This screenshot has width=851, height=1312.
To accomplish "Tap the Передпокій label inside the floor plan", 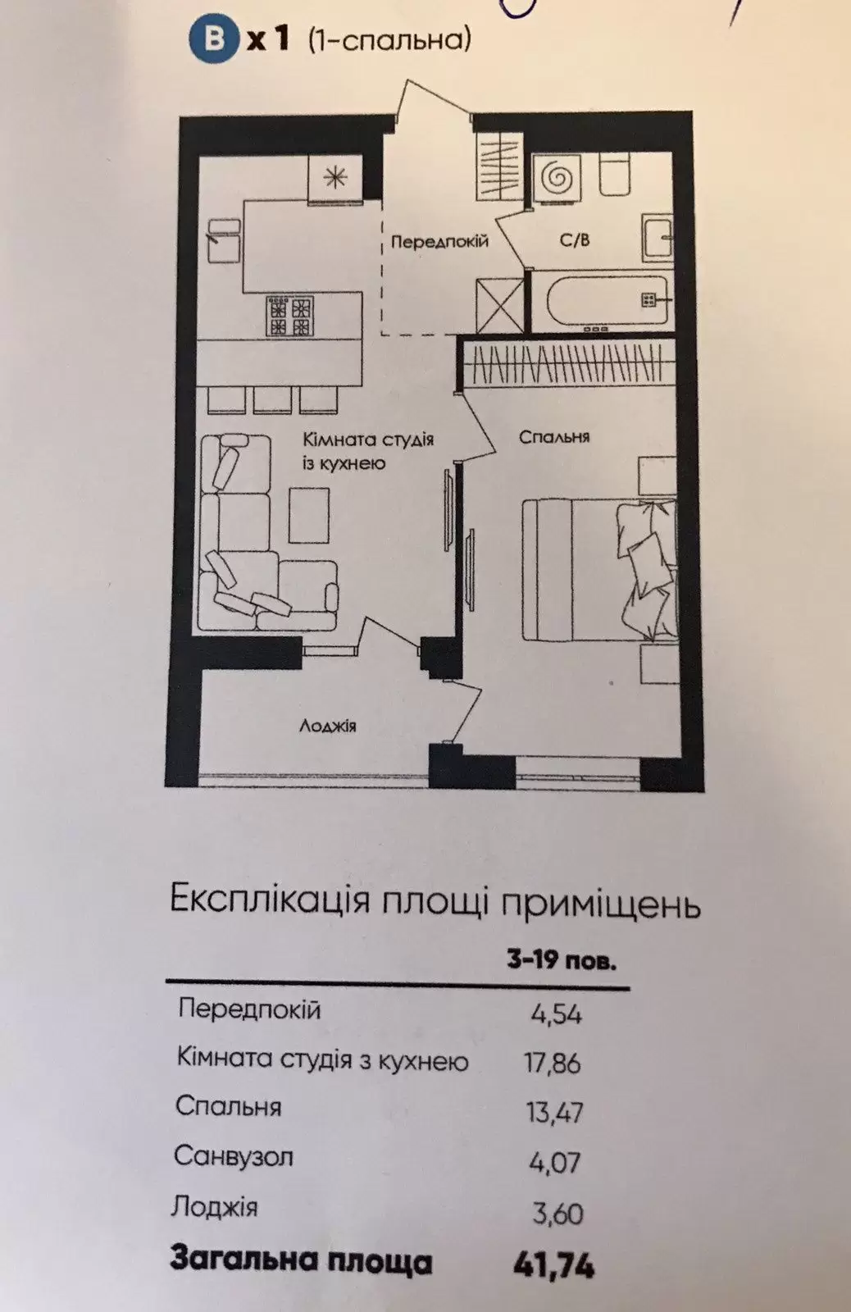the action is [439, 241].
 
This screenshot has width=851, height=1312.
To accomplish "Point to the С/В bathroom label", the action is [575, 239].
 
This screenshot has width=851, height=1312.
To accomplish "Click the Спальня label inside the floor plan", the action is [554, 437].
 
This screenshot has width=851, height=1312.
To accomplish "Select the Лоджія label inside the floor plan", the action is [328, 726].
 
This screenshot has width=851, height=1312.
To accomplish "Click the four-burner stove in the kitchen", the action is [290, 317].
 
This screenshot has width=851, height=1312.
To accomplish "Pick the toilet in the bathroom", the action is [614, 175].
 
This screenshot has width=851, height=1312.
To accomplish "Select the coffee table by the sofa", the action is [308, 515].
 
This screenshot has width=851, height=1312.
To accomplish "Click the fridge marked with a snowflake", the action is [335, 178].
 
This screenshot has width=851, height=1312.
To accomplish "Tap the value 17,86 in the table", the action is [553, 1063].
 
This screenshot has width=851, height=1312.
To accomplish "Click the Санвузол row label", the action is [233, 1156].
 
